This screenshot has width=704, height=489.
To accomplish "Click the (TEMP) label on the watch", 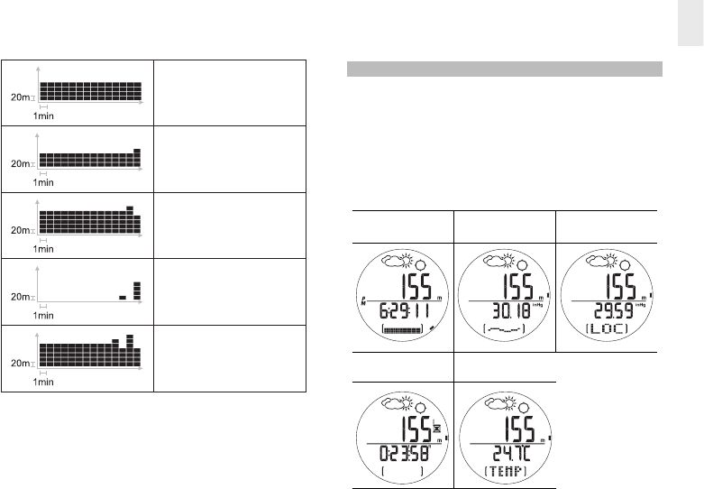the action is point(502,470).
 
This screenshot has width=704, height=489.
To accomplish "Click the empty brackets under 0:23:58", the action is point(398,470).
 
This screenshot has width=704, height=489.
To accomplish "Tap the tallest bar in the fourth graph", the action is point(137,290).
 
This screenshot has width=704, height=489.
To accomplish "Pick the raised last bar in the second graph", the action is point(137,152).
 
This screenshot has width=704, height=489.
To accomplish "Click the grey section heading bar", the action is point(505,69).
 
